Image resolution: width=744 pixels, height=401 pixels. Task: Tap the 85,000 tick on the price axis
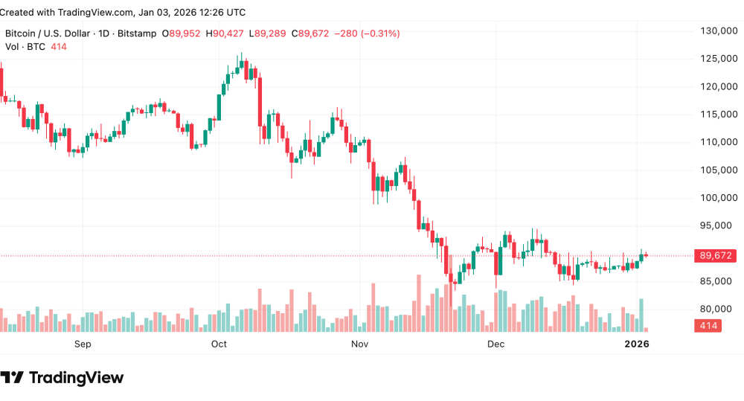tap(717, 281)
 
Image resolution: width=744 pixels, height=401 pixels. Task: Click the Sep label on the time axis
tap(83, 344)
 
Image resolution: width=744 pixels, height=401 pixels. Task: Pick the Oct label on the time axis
tap(219, 344)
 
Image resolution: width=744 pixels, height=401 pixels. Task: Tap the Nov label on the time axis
tap(360, 344)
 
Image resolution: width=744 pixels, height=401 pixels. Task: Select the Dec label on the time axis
tap(496, 344)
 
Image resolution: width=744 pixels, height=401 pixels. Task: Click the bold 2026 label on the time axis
tap(637, 344)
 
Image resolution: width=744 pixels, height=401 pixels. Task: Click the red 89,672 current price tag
tap(715, 256)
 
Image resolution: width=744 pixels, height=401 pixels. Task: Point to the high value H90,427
tap(227, 33)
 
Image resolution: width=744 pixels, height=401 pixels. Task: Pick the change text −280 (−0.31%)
tap(368, 33)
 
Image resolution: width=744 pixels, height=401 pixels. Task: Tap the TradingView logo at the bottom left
tap(62, 378)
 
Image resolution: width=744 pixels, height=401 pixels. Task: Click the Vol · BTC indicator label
tap(25, 47)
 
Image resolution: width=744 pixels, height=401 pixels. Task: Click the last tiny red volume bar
tap(646, 329)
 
